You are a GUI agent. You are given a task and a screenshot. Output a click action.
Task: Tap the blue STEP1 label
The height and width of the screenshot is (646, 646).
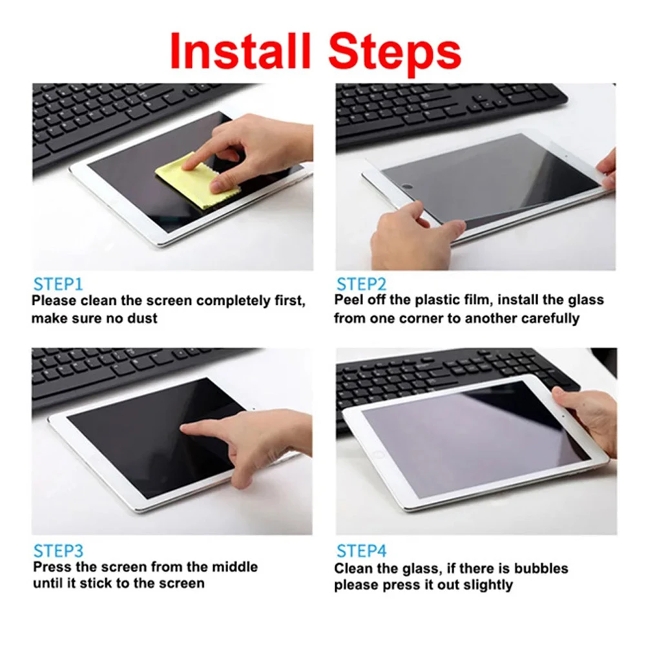(x=58, y=284)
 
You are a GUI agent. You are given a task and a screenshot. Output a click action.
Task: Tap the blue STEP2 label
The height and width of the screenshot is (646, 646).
(x=361, y=284)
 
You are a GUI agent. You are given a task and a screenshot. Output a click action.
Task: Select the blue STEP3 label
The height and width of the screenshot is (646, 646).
(x=58, y=551)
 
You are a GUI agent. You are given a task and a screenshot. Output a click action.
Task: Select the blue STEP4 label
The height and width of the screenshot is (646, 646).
(x=361, y=551)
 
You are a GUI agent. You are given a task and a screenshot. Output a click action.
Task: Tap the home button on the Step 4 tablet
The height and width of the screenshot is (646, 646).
(x=379, y=454)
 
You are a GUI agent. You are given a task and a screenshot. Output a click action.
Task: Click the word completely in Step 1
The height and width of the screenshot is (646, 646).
(x=236, y=301)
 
